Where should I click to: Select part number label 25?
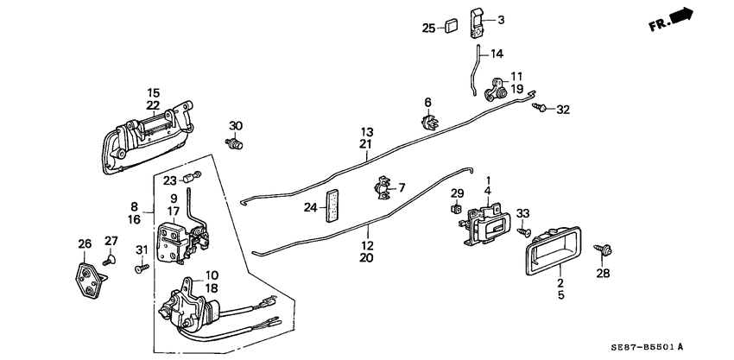point(428,28)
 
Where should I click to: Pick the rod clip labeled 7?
point(381,186)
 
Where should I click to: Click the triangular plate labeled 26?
point(89,280)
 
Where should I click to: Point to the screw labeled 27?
point(109,258)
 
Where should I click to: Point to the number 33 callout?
point(522,213)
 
